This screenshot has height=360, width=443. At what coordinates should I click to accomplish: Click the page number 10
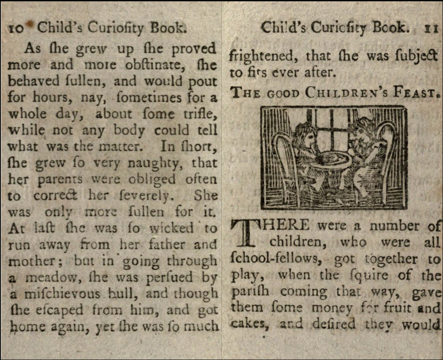click(x=17, y=29)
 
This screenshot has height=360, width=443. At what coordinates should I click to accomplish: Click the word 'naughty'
click(x=163, y=163)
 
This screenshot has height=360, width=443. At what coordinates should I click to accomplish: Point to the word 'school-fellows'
click(x=277, y=260)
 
